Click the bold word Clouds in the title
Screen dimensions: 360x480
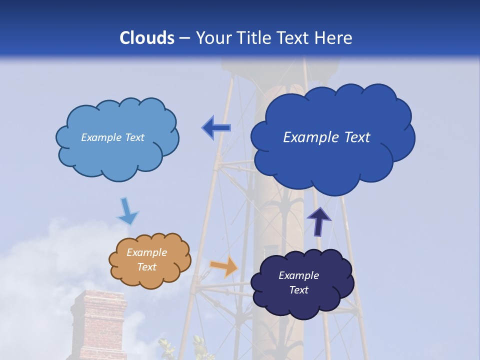pos(147,38)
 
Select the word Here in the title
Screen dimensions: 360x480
pos(334,38)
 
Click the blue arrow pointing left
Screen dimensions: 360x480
pos(216,128)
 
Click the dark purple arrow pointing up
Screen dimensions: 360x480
pos(318,221)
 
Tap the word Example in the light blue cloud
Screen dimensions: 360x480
pos(100,137)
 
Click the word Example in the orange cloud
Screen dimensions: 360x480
pos(146,253)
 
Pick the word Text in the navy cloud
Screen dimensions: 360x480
pos(298,290)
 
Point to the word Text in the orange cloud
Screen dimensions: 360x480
pos(146,267)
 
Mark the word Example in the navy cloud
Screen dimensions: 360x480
pos(298,275)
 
